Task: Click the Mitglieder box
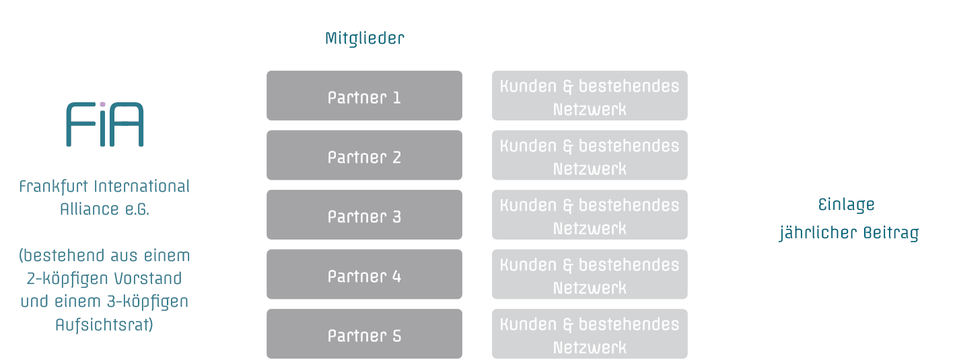coord(364,37)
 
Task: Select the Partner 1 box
coord(364,96)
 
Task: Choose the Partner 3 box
coord(364,215)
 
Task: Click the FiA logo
coord(105,124)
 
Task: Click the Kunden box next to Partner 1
coord(590,96)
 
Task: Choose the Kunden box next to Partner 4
coord(590,275)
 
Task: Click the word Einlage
coord(846,205)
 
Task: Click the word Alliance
coord(89,209)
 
